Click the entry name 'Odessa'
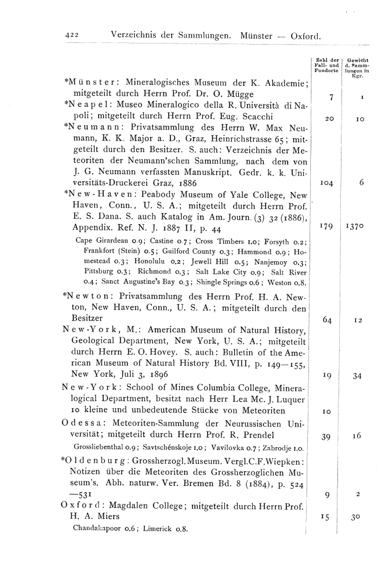81,421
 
